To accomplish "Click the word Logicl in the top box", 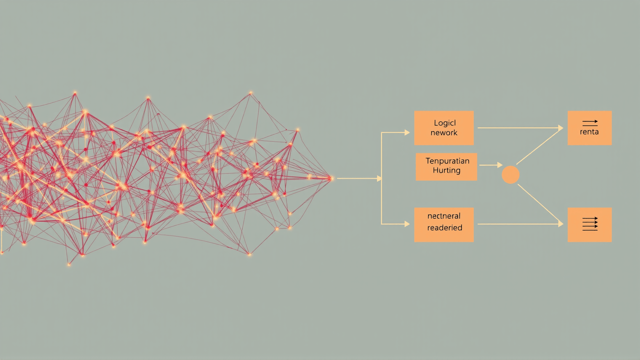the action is [x=445, y=123].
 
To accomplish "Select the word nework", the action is [x=444, y=133].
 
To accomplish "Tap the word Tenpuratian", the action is [x=447, y=161].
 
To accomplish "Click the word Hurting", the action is [x=446, y=170].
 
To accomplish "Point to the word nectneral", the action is [x=444, y=216].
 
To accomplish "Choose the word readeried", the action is [x=445, y=228].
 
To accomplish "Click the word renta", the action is [x=589, y=132].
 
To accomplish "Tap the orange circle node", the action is [x=510, y=175].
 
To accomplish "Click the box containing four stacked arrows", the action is [x=589, y=225].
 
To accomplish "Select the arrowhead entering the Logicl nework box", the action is [x=407, y=132].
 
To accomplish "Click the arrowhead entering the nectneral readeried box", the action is [x=407, y=224].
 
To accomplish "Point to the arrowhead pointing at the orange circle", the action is [x=500, y=165].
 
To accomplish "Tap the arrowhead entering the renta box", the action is [x=561, y=128].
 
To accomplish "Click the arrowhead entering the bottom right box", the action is [x=561, y=224].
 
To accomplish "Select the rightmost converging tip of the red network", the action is [x=331, y=178].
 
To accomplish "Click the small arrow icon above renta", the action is [x=590, y=122].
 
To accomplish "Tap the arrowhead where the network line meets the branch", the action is [x=379, y=178].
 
